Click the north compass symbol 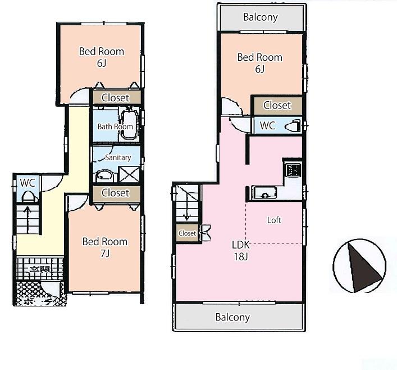[359, 265]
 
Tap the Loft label [274, 220]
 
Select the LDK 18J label [241, 250]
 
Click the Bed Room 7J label [104, 247]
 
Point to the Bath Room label [115, 127]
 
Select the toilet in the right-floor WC [293, 125]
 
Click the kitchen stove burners [293, 169]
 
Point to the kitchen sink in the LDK [265, 193]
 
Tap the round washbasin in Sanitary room [103, 175]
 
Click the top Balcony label [261, 17]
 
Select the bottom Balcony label [232, 317]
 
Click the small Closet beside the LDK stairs [188, 233]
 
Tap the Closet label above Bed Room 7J [115, 193]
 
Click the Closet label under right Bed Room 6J [277, 105]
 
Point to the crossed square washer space [130, 174]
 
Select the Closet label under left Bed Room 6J [115, 98]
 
